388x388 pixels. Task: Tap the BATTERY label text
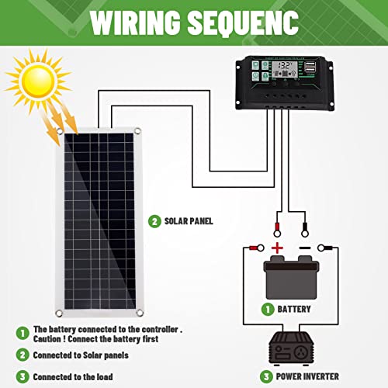[x=293, y=309]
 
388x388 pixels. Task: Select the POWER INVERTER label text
[x=307, y=376]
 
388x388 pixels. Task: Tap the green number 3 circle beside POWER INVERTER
[x=265, y=376]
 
